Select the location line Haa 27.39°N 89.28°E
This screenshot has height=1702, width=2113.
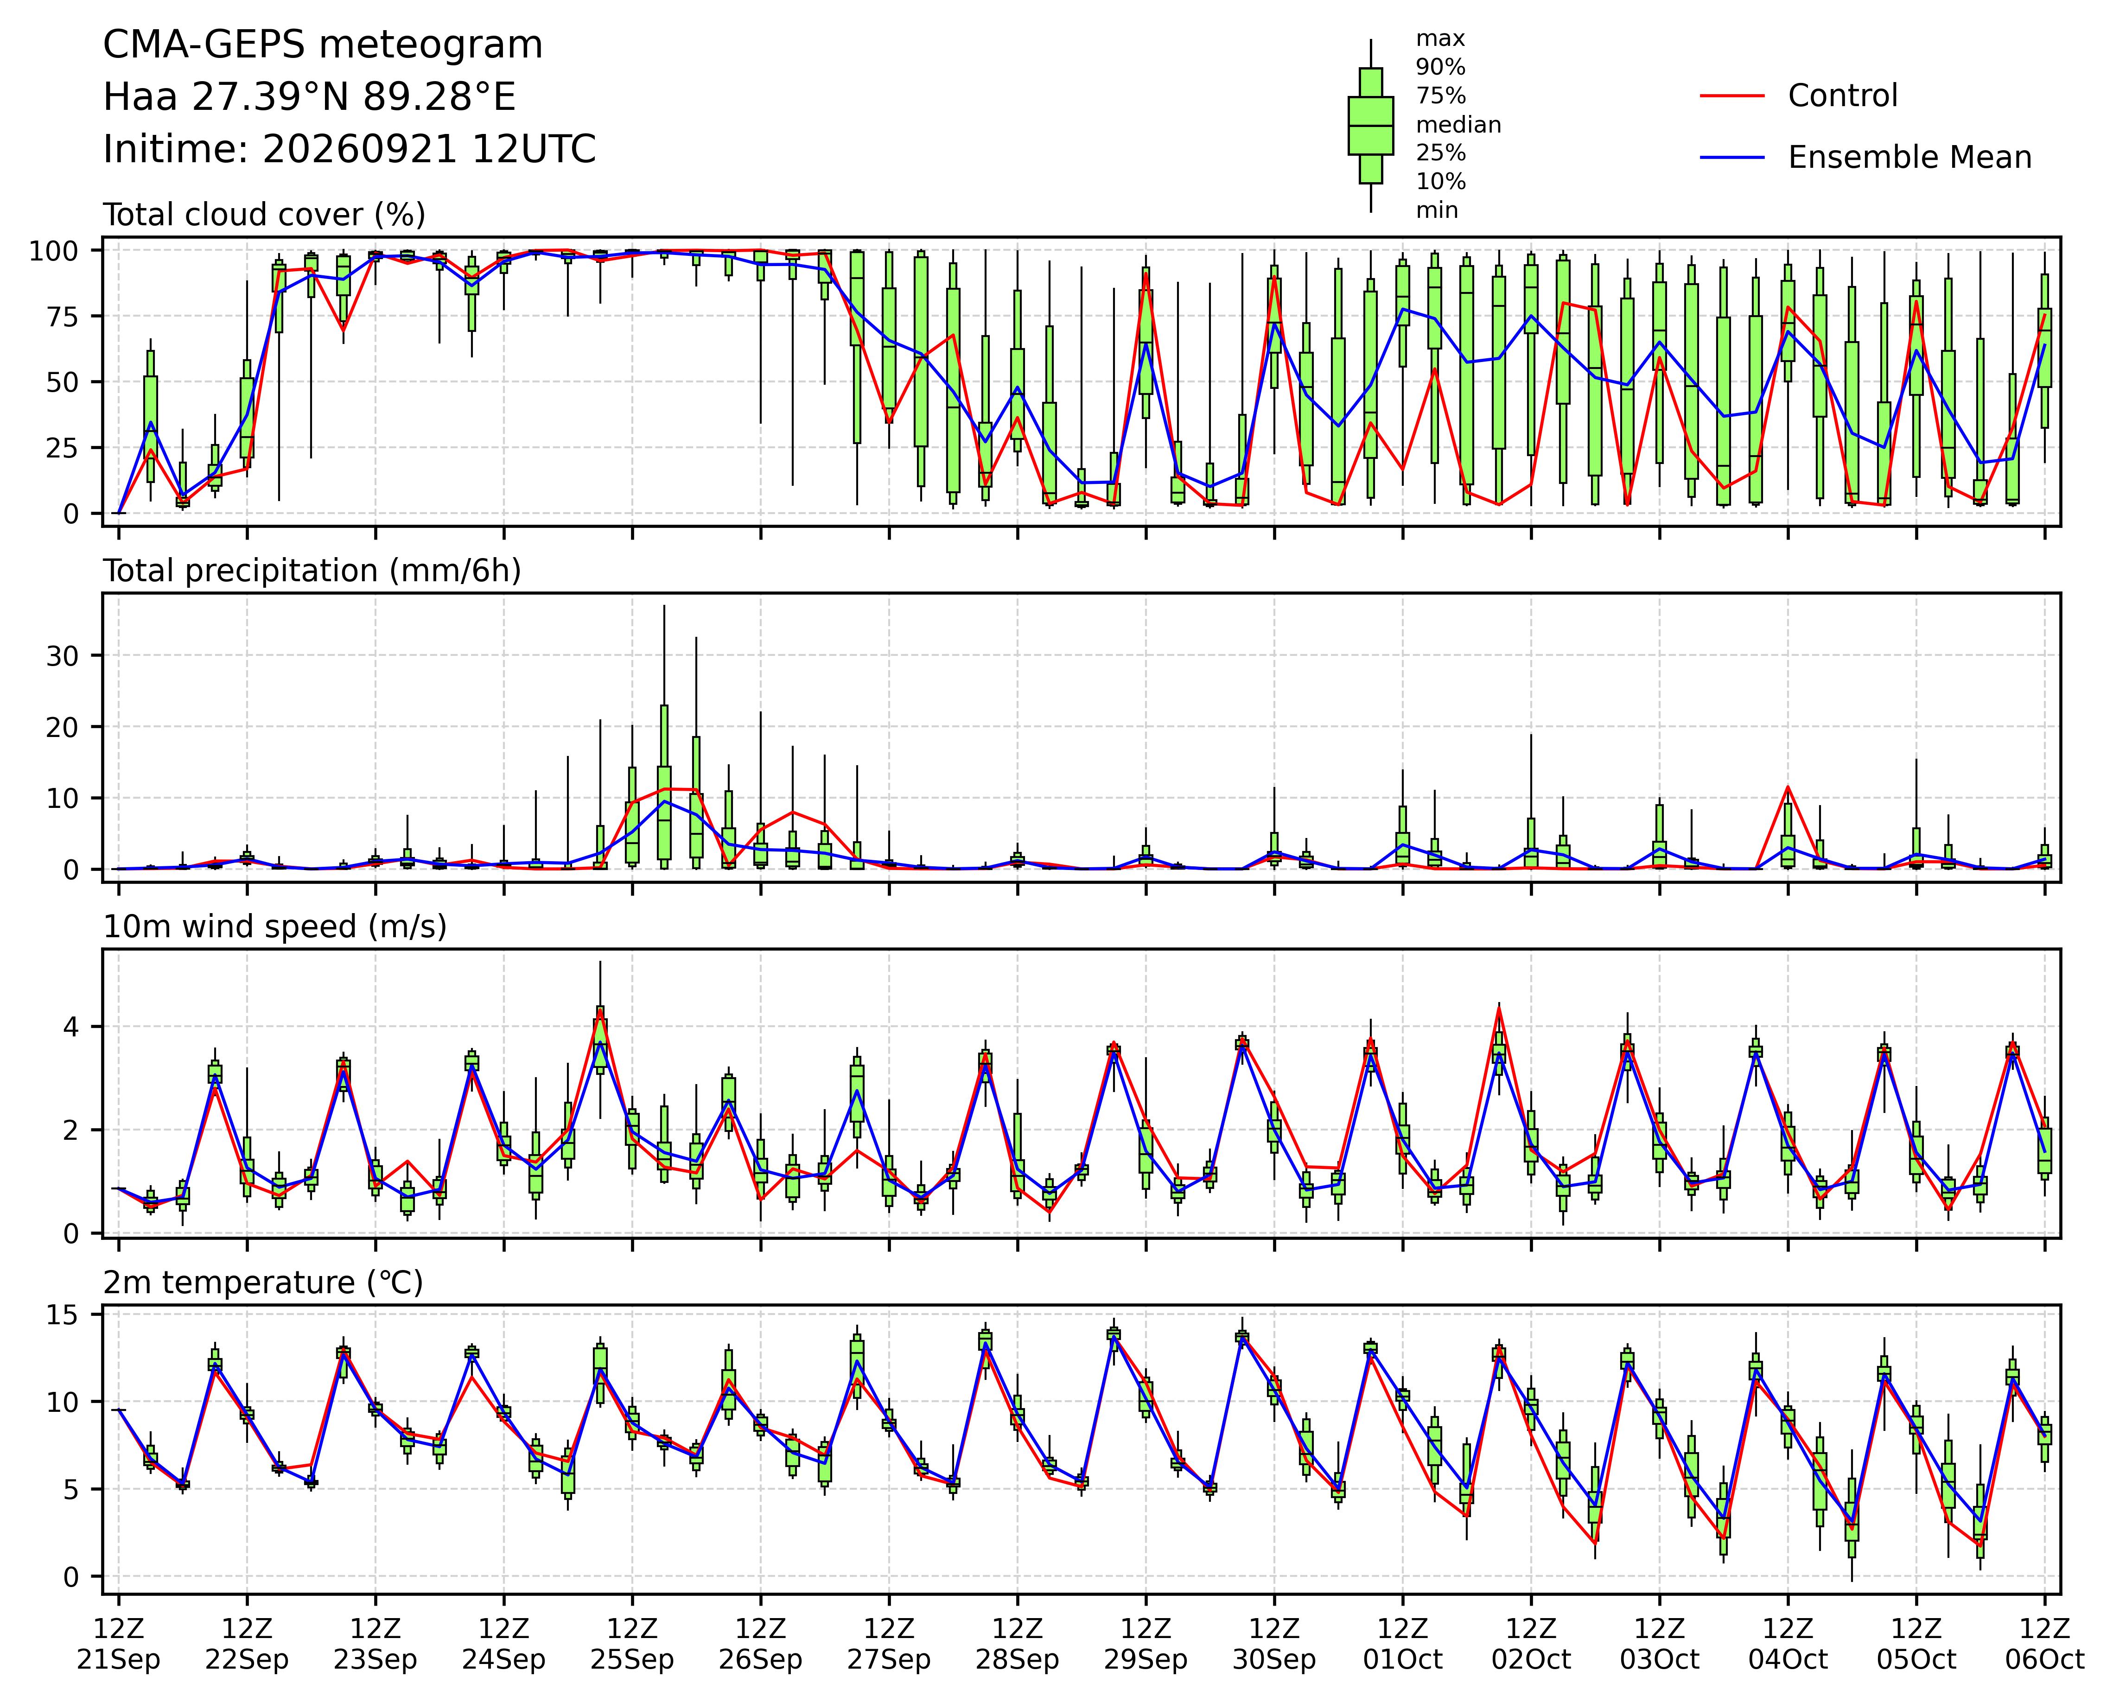click(x=310, y=97)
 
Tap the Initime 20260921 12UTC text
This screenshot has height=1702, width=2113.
click(x=350, y=149)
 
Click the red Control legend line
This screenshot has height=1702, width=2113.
click(x=1732, y=96)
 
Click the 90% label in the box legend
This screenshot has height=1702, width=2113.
click(x=1440, y=68)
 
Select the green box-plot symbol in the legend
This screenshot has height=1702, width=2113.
click(x=1371, y=126)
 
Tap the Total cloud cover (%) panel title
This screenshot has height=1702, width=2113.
click(x=265, y=215)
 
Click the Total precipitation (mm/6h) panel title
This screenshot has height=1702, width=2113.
click(x=312, y=571)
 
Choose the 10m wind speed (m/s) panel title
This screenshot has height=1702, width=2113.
click(x=275, y=927)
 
